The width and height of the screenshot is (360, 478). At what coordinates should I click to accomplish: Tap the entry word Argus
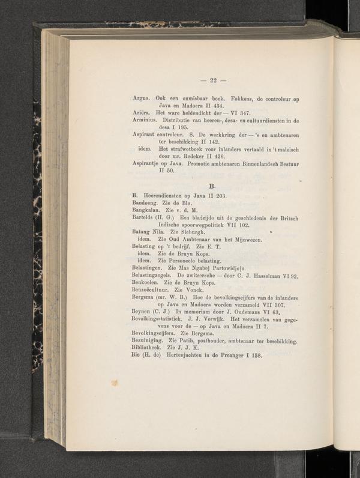tap(140, 97)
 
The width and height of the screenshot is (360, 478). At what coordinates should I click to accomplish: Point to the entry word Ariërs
tap(141, 113)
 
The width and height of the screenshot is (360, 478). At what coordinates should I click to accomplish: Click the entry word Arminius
tap(145, 121)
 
